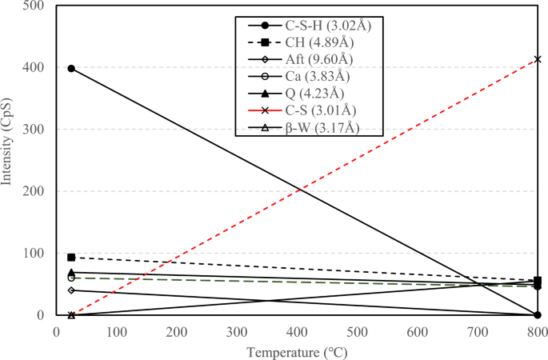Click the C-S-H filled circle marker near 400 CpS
[71, 69]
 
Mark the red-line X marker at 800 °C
[538, 59]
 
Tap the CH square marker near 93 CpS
[71, 258]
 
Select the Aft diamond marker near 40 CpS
[71, 290]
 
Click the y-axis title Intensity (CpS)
[9, 160]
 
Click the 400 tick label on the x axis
[297, 330]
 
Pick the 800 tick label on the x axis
[537, 330]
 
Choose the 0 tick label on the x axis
[57, 330]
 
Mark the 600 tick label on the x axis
[417, 330]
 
